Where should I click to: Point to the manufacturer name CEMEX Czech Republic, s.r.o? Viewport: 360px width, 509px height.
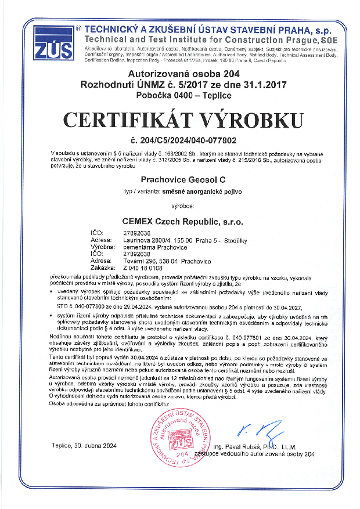tap(183, 221)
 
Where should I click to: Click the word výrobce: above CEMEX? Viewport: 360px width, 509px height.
tap(183, 206)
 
